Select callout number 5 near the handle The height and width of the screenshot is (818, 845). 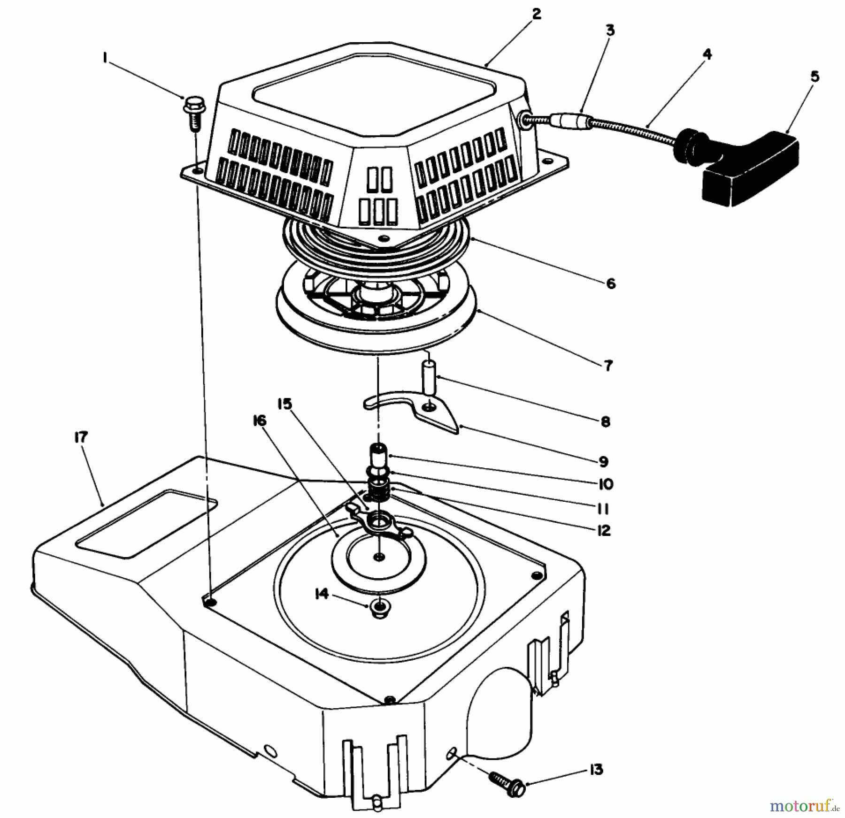pyautogui.click(x=814, y=76)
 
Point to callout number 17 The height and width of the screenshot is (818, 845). pyautogui.click(x=81, y=437)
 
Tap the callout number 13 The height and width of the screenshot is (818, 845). pyautogui.click(x=596, y=770)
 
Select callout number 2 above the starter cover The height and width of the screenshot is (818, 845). pyautogui.click(x=537, y=14)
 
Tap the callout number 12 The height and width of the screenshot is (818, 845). pyautogui.click(x=604, y=530)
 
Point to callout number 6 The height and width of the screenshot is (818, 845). pyautogui.click(x=611, y=283)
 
